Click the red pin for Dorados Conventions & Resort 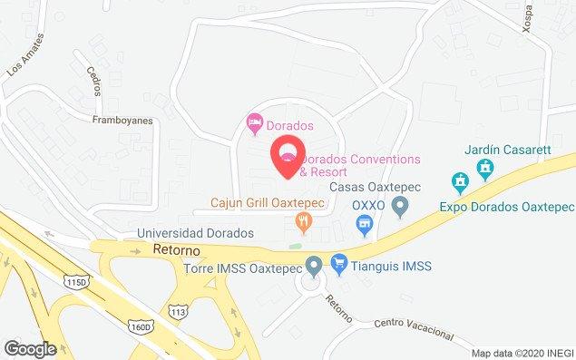289,151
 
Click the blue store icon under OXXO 365,222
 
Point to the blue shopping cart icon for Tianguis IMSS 339,266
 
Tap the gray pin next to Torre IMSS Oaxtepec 314,267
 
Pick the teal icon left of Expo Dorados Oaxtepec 461,181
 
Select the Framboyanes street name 122,117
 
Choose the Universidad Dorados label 194,233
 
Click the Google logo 30,348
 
